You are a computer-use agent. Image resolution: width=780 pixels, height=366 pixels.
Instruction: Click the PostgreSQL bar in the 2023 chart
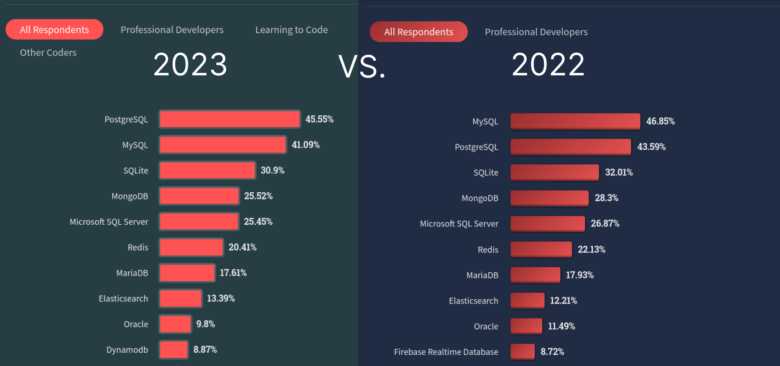230,119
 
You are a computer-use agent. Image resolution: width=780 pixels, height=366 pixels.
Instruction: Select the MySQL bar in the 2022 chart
575,121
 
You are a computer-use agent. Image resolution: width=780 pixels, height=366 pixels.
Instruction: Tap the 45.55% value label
319,119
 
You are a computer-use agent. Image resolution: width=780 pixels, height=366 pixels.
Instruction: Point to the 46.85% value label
660,121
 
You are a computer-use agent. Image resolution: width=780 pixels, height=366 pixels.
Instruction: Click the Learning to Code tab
291,30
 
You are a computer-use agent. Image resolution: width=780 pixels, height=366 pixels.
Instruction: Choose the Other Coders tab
48,52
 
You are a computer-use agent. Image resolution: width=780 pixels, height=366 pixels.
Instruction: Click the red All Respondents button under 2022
418,32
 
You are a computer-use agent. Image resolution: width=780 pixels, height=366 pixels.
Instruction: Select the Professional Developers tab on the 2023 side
172,30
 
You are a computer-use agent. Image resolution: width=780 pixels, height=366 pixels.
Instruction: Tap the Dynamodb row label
127,350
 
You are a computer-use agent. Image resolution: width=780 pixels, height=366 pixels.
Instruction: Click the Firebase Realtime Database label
446,352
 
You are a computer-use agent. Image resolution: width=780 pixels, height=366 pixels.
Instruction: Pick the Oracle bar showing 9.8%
175,324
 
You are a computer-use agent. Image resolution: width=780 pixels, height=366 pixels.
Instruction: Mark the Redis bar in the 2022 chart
541,249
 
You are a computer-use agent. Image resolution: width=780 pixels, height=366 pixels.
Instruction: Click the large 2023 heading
190,65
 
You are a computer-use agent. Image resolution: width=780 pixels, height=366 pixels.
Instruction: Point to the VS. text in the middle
362,67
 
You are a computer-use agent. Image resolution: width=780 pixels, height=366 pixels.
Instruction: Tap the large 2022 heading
548,65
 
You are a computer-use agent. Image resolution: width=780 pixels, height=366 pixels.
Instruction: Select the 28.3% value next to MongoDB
606,198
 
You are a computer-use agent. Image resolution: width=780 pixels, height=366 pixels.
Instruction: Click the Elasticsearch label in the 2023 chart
123,298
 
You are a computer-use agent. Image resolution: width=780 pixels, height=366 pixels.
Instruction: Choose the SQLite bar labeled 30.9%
207,170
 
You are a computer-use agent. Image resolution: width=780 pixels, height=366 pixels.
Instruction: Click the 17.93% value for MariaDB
580,275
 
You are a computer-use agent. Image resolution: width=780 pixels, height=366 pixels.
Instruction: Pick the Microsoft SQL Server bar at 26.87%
547,223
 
